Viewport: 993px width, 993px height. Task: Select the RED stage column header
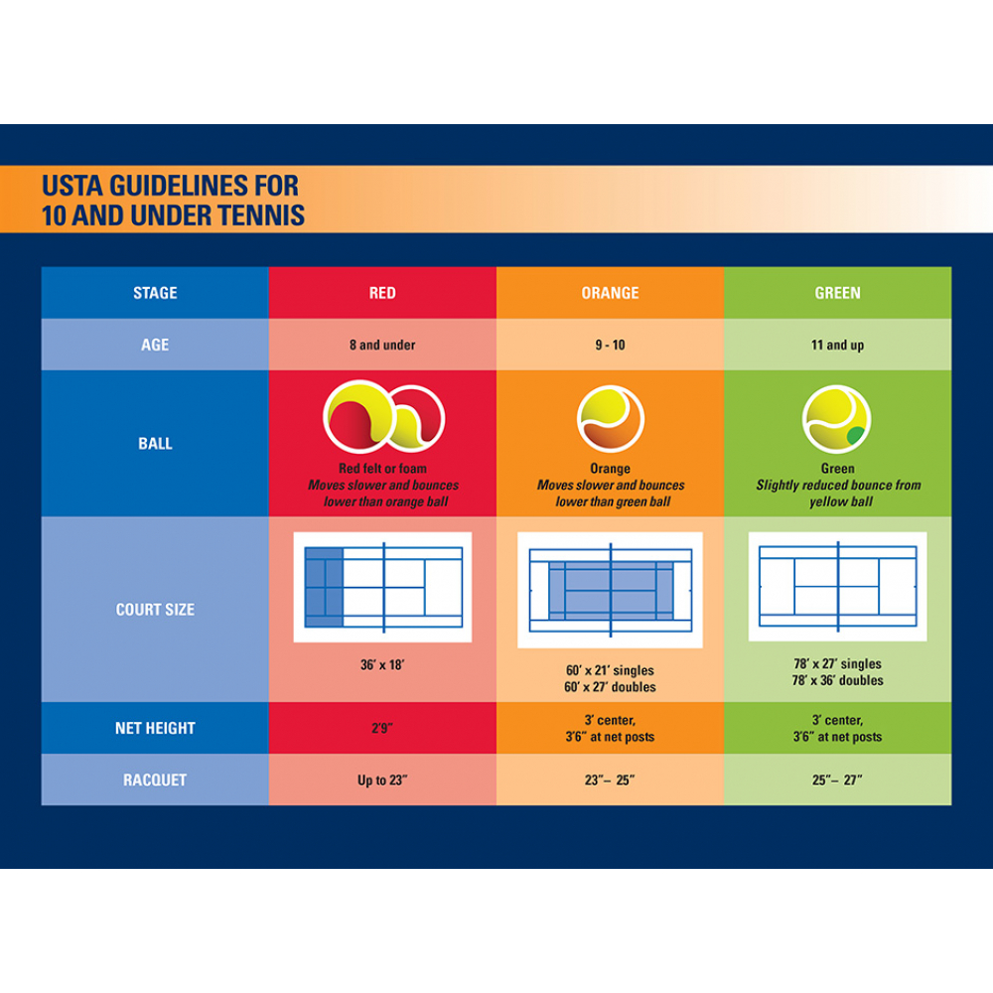click(x=382, y=293)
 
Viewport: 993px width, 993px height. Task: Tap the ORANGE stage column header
click(x=610, y=293)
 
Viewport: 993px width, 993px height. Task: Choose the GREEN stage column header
click(x=837, y=293)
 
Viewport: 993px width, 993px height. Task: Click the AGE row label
click(x=155, y=345)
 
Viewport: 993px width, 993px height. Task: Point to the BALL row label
click(x=155, y=444)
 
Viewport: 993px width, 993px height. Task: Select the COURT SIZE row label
click(x=155, y=610)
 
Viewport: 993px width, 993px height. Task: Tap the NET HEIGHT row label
click(x=155, y=728)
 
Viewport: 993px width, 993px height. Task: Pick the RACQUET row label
click(x=155, y=780)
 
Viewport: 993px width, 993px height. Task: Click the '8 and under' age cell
click(x=382, y=345)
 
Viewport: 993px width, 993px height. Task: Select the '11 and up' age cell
click(x=837, y=345)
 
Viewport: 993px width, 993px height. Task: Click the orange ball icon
click(x=610, y=419)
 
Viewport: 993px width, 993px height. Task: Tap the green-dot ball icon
click(x=836, y=418)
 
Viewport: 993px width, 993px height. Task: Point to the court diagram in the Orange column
click(x=610, y=590)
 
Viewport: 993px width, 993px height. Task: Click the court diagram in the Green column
click(x=837, y=587)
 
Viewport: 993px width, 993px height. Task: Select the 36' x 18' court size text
click(x=382, y=664)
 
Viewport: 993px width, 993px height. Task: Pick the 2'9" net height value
click(x=382, y=728)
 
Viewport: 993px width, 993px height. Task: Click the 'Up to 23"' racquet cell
click(x=382, y=780)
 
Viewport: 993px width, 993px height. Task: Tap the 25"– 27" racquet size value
click(x=837, y=780)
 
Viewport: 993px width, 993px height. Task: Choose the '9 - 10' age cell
click(x=610, y=345)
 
